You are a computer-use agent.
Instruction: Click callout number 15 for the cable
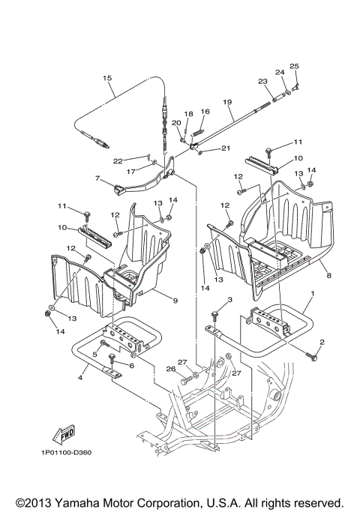(107, 78)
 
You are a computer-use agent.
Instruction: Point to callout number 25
(294, 67)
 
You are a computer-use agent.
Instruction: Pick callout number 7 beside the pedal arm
(97, 178)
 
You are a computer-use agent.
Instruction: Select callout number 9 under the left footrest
(175, 300)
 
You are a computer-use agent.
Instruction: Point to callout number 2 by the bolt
(322, 343)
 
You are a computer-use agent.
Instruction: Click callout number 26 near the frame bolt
(169, 368)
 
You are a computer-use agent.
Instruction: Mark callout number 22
(118, 160)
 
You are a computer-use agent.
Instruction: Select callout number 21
(226, 148)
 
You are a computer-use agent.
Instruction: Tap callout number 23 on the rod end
(262, 82)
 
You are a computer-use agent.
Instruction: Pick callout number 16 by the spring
(205, 112)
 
